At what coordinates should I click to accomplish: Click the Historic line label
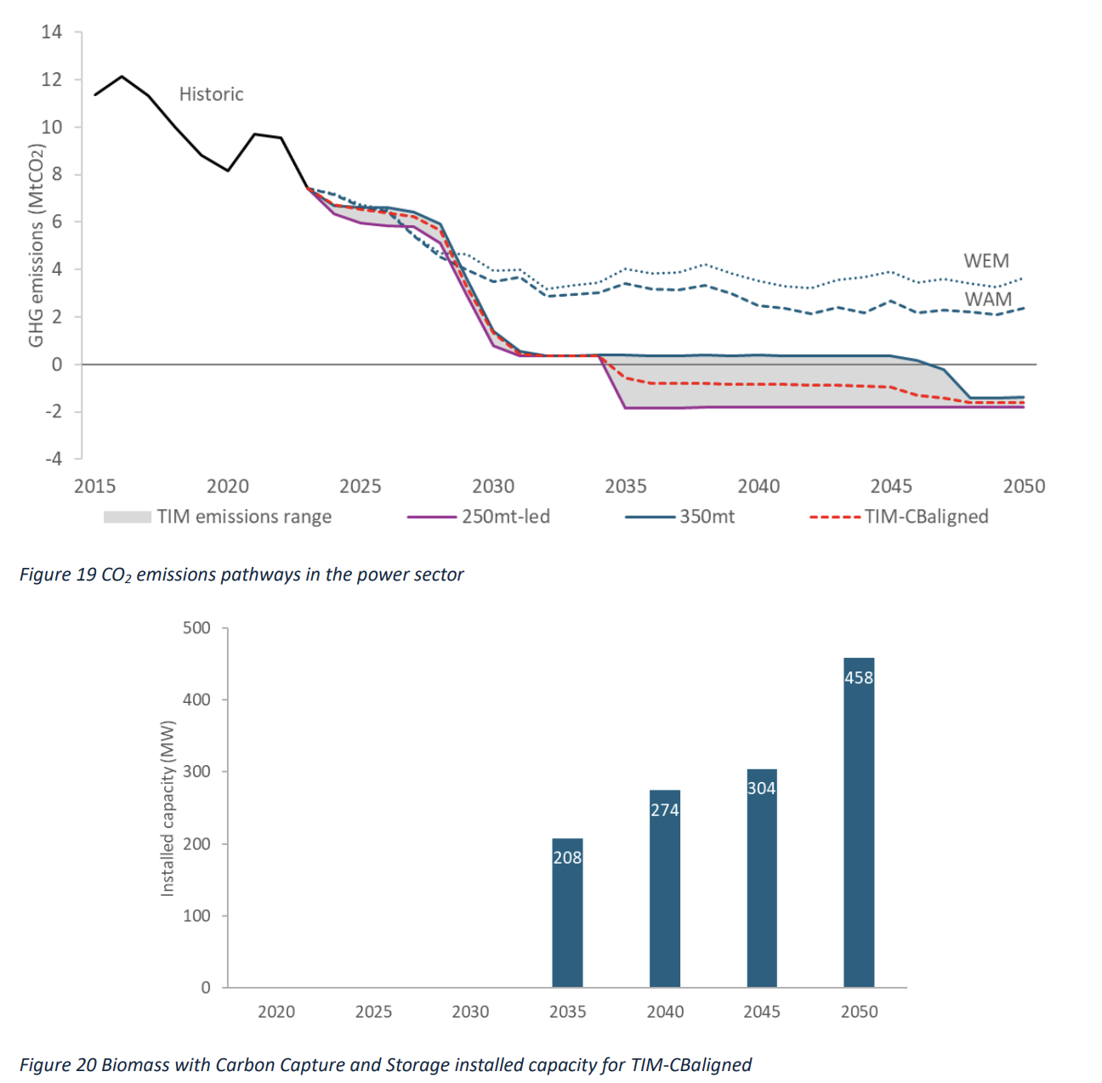point(211,94)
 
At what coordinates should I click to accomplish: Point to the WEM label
point(986,261)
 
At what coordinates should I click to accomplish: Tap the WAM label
point(987,299)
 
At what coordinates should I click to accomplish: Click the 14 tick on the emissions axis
point(52,32)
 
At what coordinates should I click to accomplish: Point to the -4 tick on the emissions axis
point(54,459)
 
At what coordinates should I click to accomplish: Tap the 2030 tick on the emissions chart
point(493,486)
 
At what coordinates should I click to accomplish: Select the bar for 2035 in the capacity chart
point(567,913)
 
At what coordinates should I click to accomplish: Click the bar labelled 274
point(664,888)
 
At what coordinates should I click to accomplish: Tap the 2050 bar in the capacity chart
point(859,822)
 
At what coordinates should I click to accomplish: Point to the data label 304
point(761,788)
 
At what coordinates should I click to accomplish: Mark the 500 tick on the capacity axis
point(196,628)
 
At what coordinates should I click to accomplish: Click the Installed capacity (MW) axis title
point(168,808)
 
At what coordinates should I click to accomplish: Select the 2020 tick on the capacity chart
point(276,1012)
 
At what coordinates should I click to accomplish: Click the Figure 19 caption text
point(241,575)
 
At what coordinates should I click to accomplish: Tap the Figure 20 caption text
point(385,1064)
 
